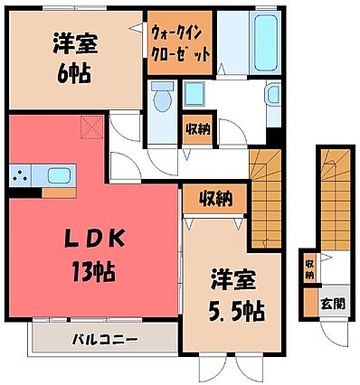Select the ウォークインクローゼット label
(180, 42)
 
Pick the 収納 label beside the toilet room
(198, 128)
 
